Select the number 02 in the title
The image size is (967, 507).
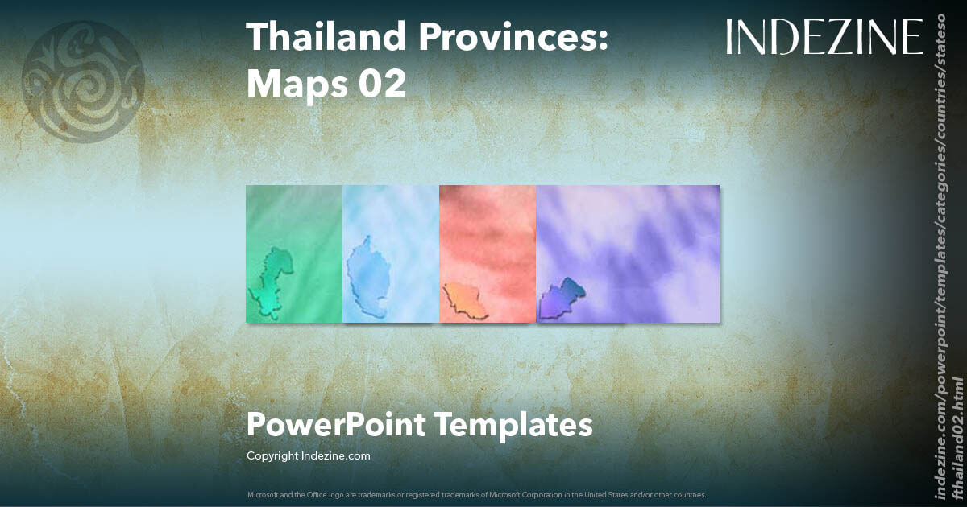click(x=382, y=84)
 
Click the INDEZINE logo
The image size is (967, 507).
click(x=824, y=38)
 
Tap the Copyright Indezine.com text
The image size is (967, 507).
click(x=308, y=456)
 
